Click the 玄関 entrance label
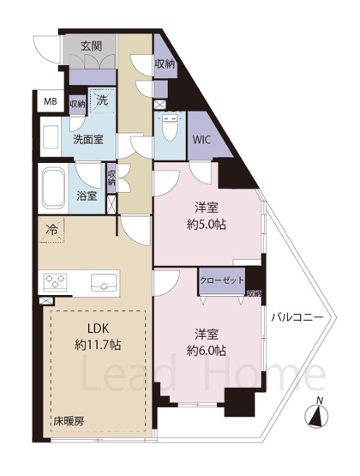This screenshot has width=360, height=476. [x=93, y=45]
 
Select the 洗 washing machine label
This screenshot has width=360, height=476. [x=101, y=100]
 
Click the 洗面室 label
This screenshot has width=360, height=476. [x=88, y=140]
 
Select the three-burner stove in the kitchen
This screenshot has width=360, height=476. [x=57, y=282]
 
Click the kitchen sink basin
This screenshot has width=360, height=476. [x=101, y=281]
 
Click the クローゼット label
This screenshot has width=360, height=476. [x=221, y=280]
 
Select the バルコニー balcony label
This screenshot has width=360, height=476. [x=297, y=317]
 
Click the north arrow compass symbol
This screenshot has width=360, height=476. [x=319, y=414]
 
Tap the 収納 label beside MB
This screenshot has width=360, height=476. [x=77, y=104]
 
